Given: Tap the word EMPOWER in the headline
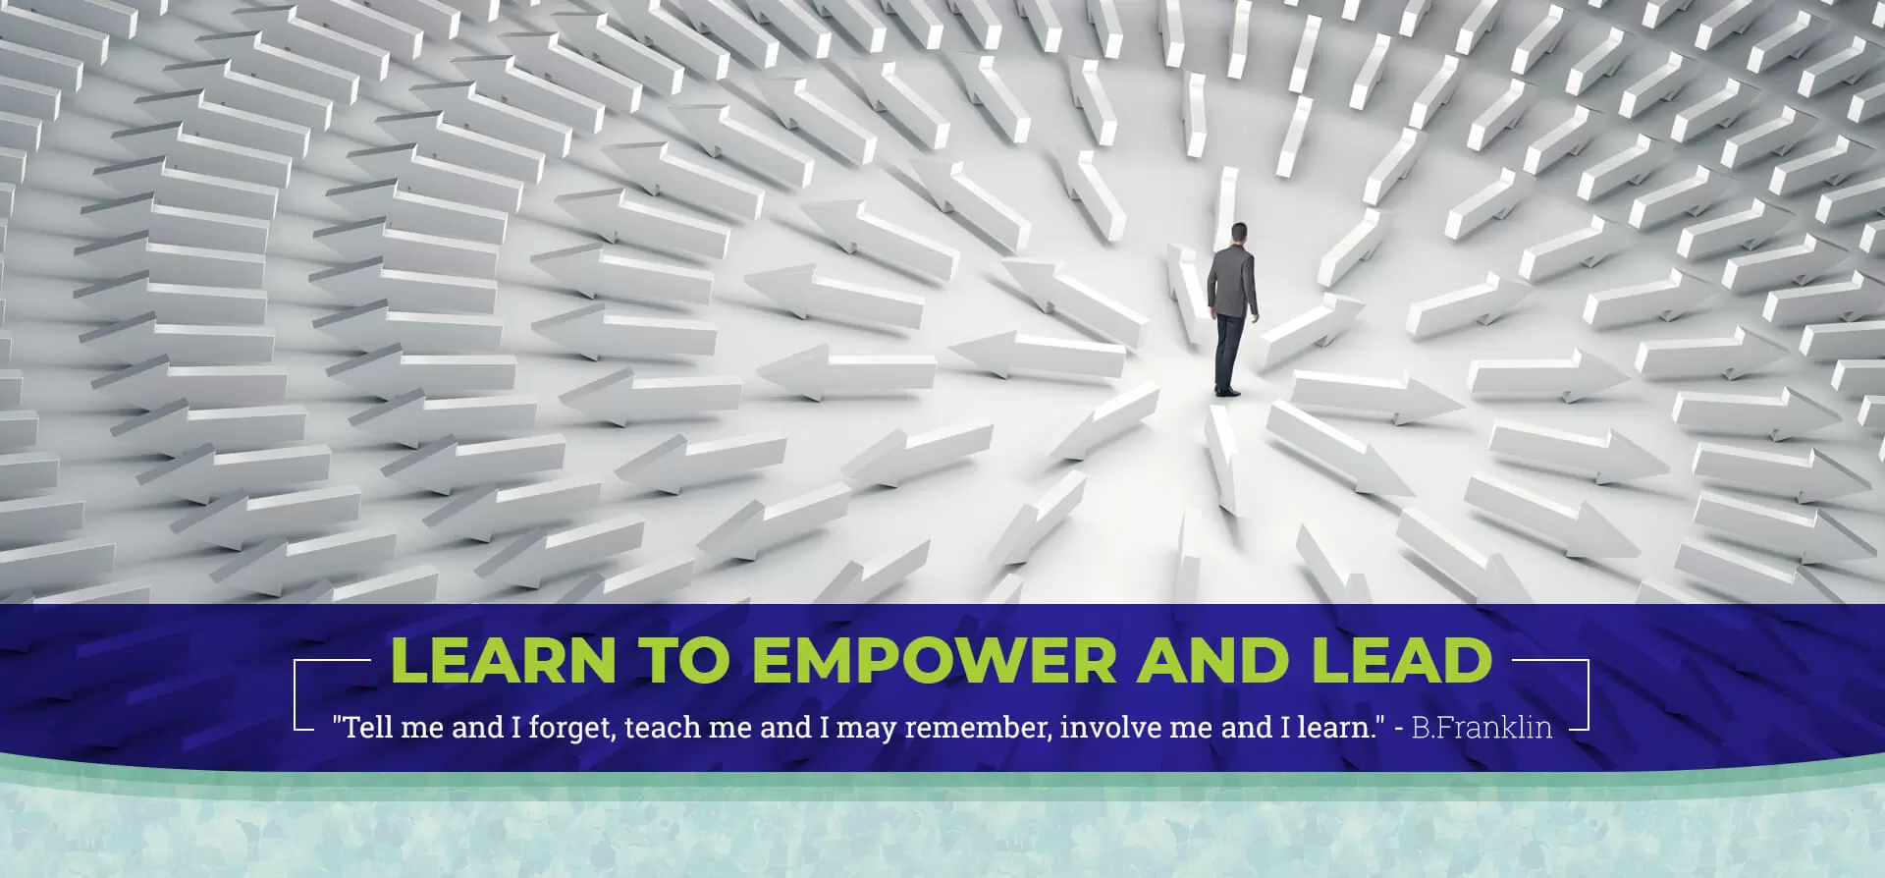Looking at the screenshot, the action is coord(934,660).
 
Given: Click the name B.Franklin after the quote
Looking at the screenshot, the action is coord(1481,728).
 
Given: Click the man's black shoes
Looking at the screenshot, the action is coord(1227,391).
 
